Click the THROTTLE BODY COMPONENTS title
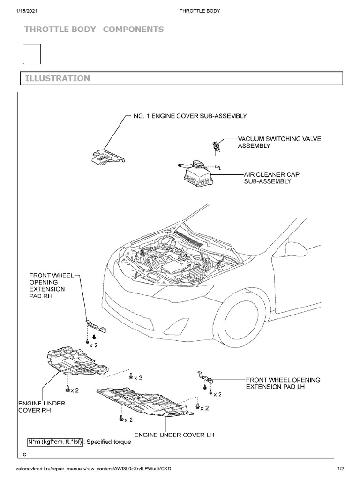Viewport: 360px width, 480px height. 94,30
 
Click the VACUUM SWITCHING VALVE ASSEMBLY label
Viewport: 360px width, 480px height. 279,142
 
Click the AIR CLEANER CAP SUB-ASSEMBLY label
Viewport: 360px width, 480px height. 271,178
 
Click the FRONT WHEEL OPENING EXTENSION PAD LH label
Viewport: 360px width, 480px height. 283,383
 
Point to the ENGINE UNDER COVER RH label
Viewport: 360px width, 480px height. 41,406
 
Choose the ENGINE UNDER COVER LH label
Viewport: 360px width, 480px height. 174,435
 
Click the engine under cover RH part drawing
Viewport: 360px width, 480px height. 74,362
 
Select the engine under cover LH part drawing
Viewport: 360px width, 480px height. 145,401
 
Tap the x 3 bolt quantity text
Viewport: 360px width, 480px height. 137,378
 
